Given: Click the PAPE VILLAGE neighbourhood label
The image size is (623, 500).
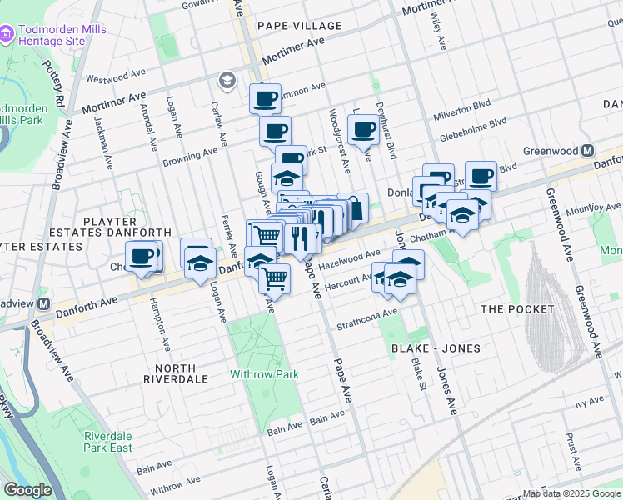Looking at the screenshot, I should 300,26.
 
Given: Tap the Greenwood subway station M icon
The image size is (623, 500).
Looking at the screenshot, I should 588,151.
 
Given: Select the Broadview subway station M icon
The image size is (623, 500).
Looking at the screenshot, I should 43,304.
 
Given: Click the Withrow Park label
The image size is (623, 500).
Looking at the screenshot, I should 265,374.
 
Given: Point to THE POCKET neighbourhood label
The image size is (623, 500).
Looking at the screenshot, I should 517,309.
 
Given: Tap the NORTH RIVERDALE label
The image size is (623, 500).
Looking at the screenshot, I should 175,373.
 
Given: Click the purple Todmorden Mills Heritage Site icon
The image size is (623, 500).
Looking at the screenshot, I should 7,33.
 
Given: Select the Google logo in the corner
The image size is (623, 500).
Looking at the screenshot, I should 27,490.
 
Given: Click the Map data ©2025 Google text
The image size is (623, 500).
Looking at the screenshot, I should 571,493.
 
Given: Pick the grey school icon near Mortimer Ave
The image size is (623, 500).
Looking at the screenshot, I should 226,81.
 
